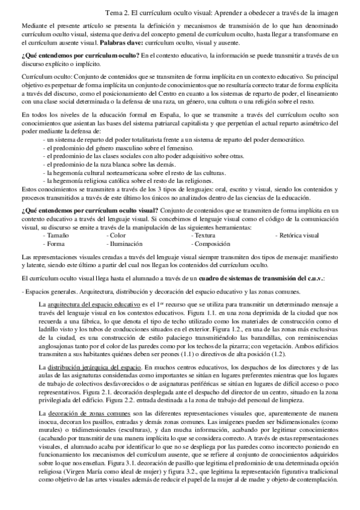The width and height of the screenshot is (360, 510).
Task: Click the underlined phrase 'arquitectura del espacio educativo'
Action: [x=94, y=304]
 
